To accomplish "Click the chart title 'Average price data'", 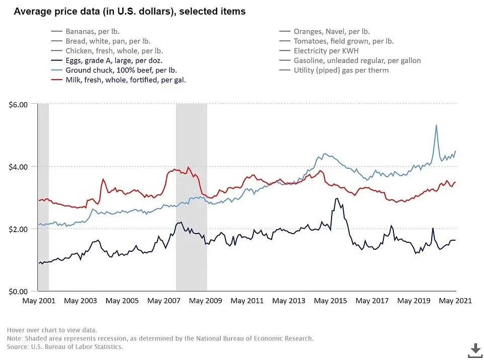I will [x=129, y=11].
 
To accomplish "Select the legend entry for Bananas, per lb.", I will [x=92, y=31].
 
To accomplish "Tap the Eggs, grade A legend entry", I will [x=113, y=60].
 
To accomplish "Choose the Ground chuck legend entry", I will [x=121, y=70].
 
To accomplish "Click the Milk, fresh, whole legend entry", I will [x=125, y=80].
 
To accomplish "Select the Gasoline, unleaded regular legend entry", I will [x=357, y=60].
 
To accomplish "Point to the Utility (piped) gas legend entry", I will [x=341, y=70].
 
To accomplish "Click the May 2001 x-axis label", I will [x=38, y=301].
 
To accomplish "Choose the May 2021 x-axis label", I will [x=455, y=301].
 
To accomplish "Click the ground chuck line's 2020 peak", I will [x=436, y=125].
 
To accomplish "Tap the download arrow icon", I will [x=475, y=349].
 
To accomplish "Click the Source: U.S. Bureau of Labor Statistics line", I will [x=65, y=347].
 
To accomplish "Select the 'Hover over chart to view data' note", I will [x=52, y=330].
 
